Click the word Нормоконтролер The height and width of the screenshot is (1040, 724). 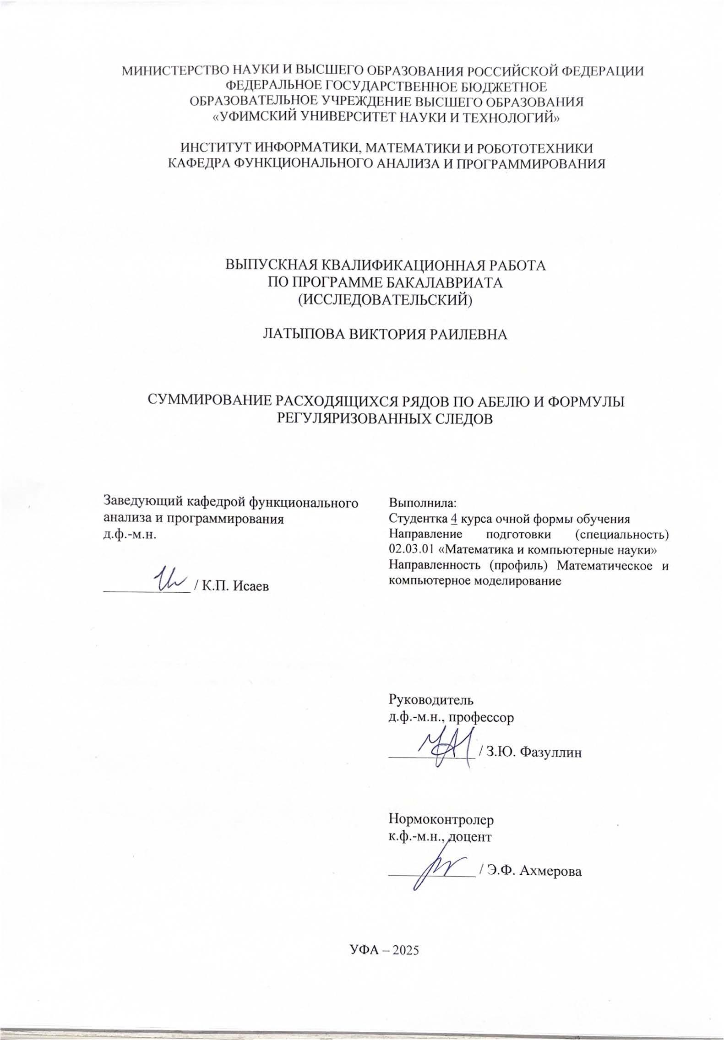point(441,818)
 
